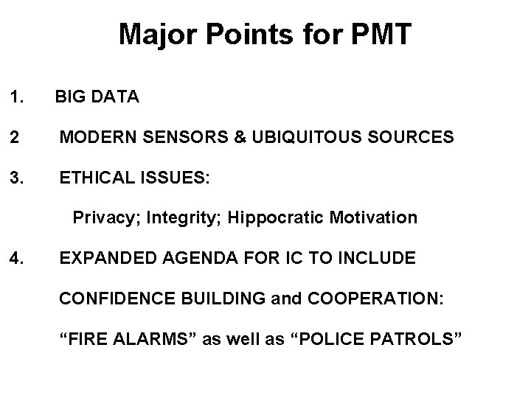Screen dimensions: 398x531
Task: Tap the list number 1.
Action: [x=16, y=97]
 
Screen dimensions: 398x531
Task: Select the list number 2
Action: [x=14, y=136]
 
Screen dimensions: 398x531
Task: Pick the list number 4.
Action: [x=16, y=259]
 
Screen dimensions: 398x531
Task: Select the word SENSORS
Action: [x=184, y=136]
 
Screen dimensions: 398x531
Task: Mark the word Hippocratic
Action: [x=274, y=218]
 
